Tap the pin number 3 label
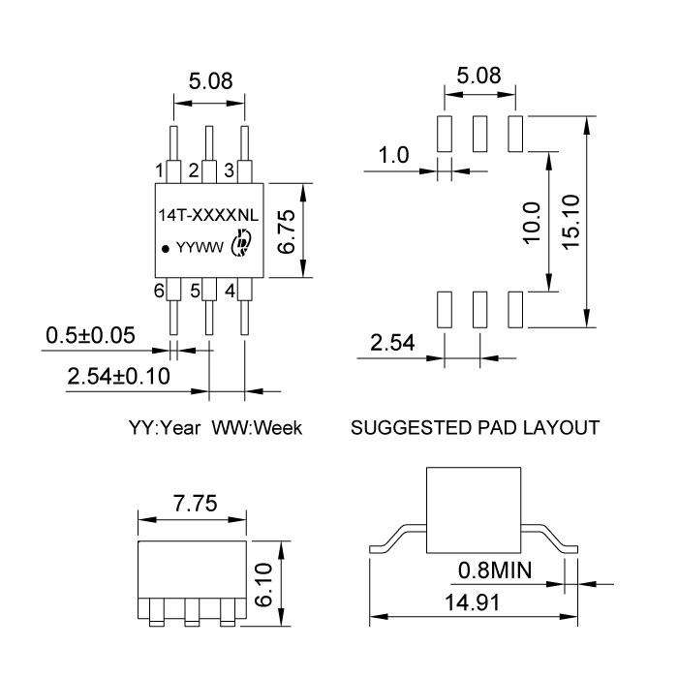229,170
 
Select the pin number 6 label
159,290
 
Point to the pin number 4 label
230,290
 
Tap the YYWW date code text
200,248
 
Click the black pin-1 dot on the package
166,248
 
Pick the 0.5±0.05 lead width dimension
91,336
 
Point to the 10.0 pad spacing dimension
529,224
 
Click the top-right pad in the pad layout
514,132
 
